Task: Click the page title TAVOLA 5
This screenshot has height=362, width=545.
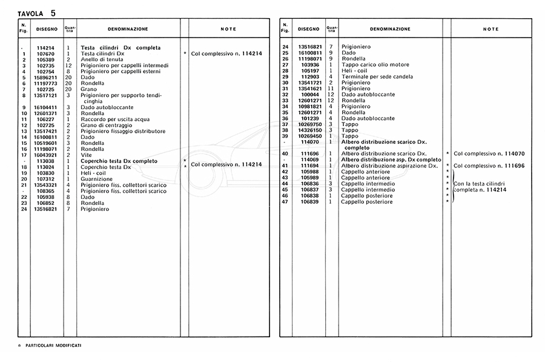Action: point(37,12)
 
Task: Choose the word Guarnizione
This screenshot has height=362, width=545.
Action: point(96,179)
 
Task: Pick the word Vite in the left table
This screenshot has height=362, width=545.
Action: point(86,155)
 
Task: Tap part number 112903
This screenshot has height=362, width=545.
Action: point(309,77)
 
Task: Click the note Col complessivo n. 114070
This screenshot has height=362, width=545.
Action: point(489,154)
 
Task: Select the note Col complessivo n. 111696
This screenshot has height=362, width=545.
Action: point(489,166)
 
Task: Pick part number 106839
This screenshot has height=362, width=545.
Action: point(309,201)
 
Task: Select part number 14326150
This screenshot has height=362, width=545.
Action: point(309,130)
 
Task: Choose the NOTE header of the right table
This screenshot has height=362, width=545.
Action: point(491,29)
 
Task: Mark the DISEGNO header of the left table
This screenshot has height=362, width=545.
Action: point(47,29)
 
